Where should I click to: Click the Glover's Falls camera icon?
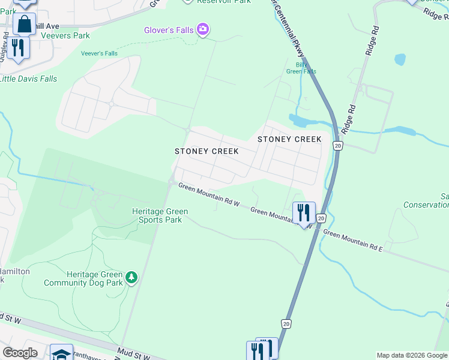(203, 29)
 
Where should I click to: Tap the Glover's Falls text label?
(169, 31)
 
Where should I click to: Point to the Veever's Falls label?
(99, 53)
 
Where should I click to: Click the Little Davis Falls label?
(28, 79)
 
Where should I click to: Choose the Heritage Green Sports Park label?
(160, 215)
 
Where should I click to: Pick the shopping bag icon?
(25, 25)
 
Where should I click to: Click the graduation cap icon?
(61, 353)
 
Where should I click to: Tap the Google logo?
(20, 353)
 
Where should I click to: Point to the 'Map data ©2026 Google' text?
(412, 355)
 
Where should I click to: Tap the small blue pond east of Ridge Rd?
(400, 59)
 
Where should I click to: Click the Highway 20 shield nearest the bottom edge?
(287, 324)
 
